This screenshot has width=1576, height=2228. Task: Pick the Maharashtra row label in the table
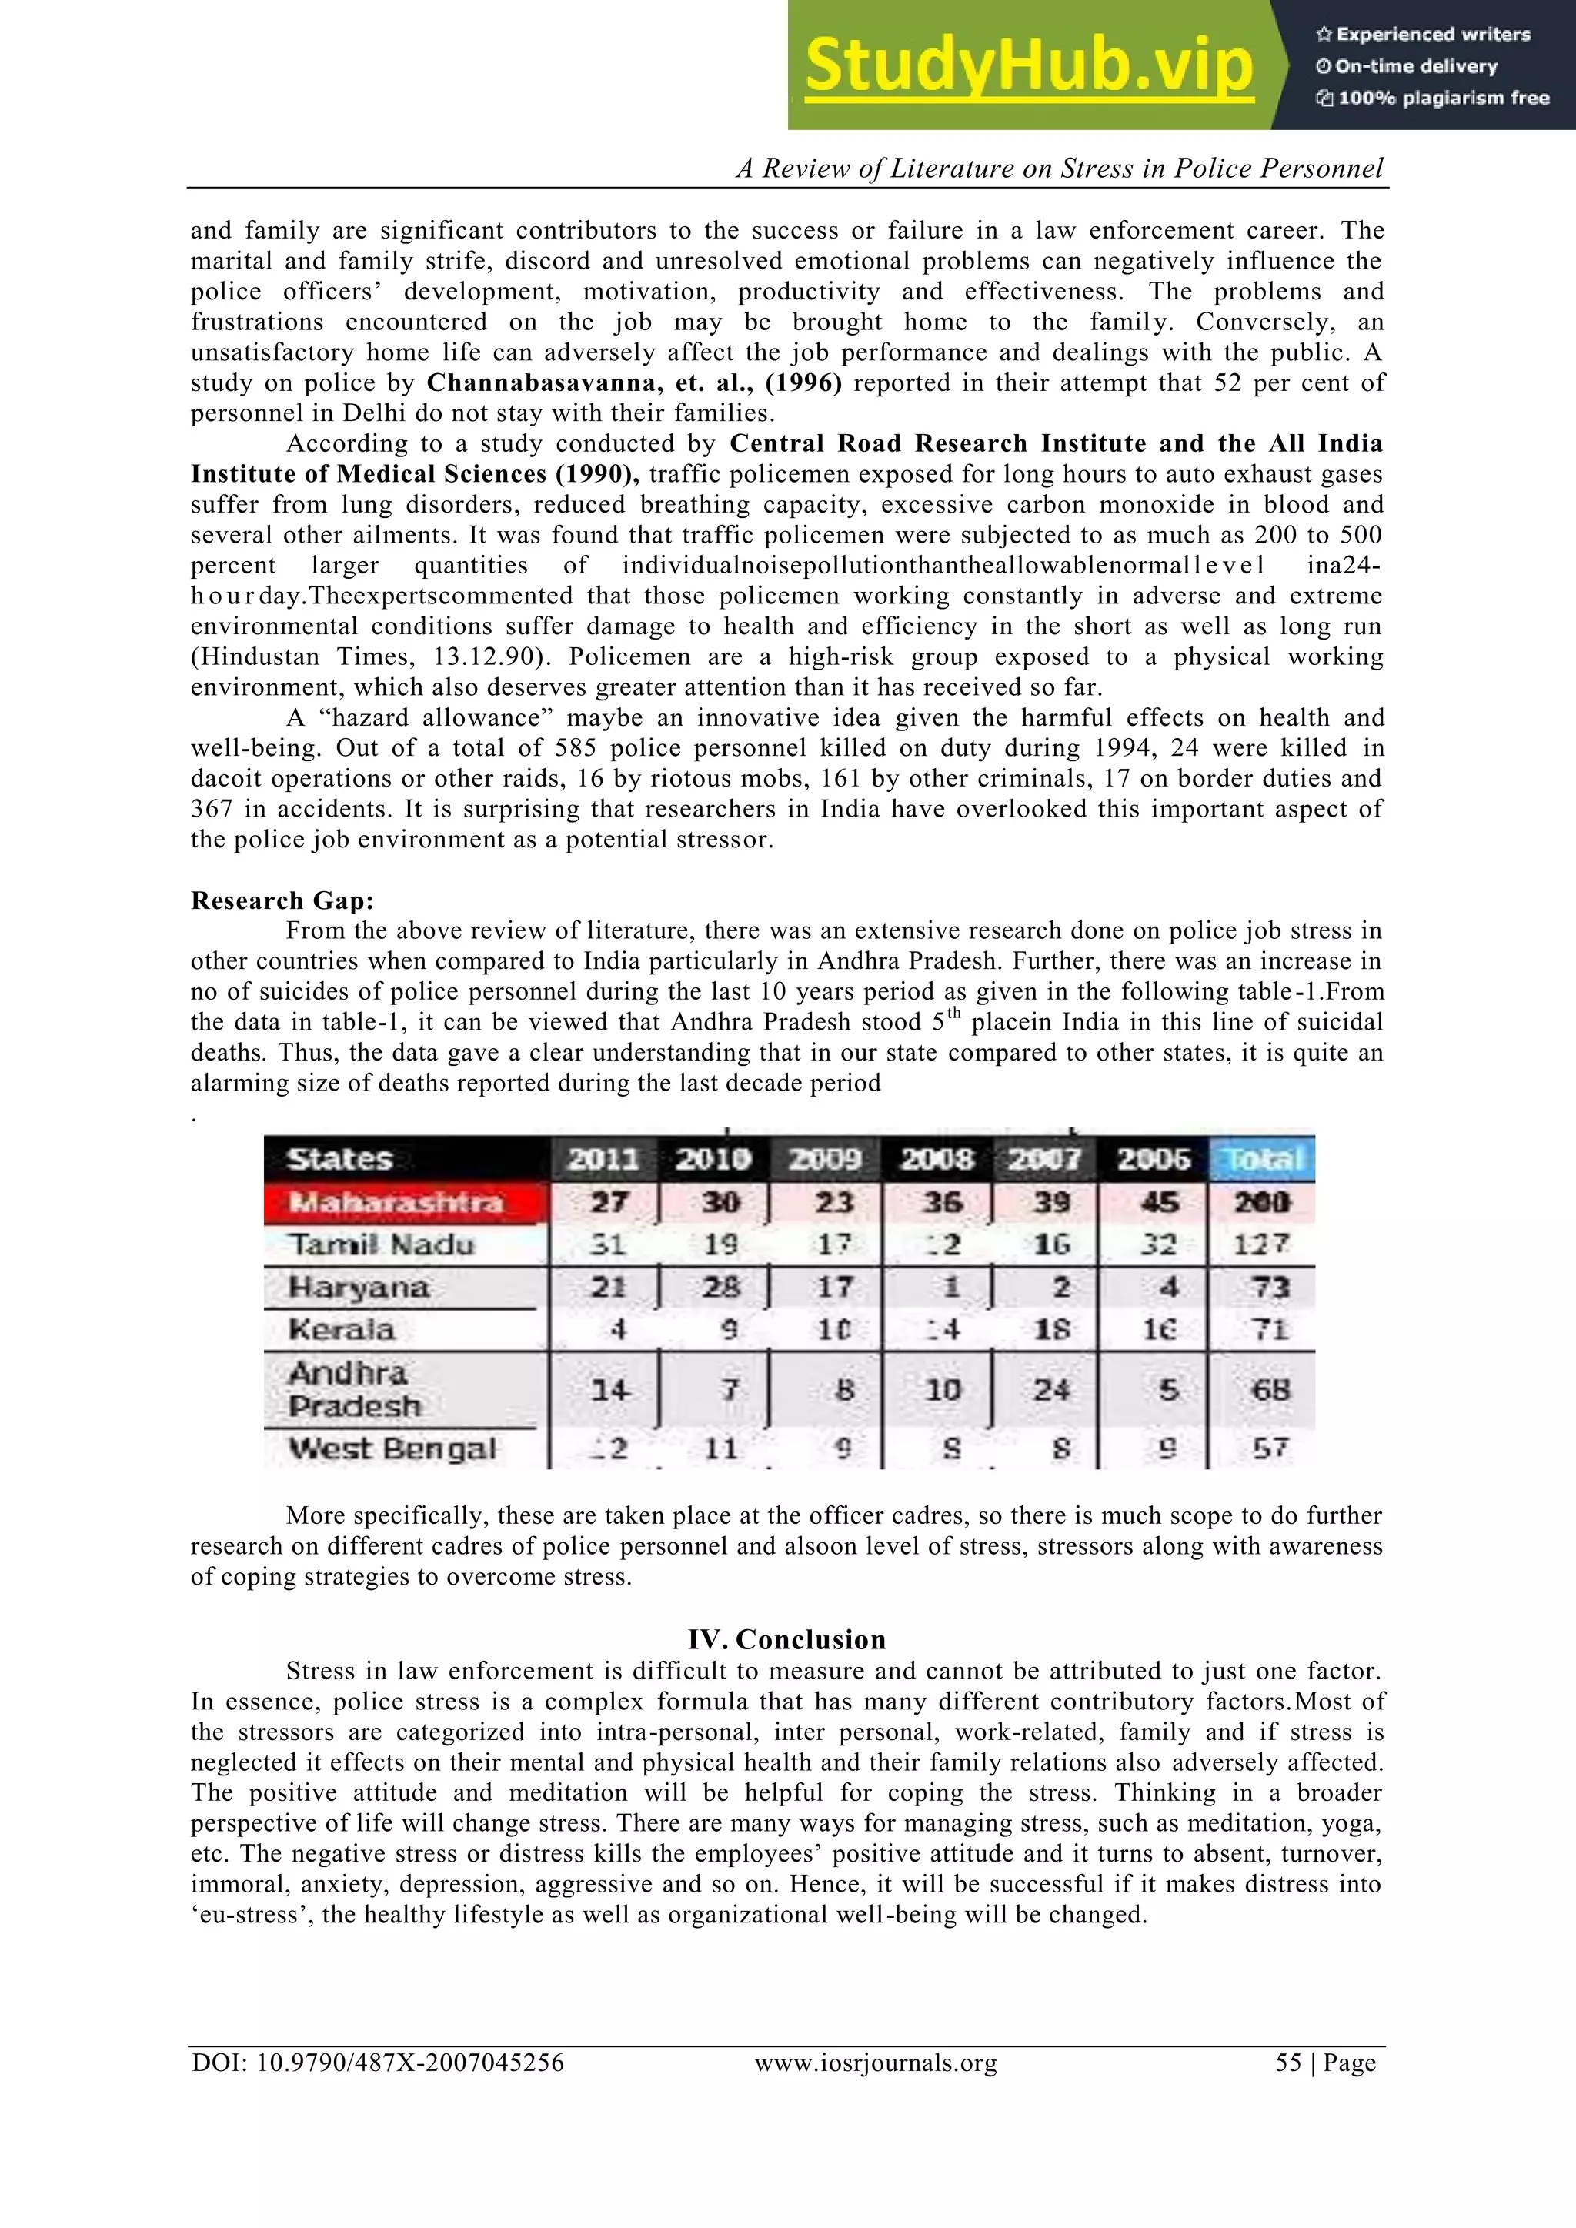[396, 1204]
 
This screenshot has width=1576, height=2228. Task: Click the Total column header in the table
[1260, 1160]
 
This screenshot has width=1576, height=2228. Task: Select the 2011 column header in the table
[603, 1160]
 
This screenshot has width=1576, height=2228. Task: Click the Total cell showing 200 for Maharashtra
[1261, 1204]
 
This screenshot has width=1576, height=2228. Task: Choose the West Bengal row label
[392, 1449]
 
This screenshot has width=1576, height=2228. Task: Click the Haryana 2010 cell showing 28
[721, 1288]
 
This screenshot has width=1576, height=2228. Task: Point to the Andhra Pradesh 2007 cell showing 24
[1052, 1390]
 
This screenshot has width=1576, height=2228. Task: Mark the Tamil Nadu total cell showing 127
[1261, 1245]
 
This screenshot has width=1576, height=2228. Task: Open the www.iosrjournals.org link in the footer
[875, 2063]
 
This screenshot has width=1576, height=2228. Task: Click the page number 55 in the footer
[1287, 2063]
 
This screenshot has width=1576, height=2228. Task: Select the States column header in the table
[339, 1160]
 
